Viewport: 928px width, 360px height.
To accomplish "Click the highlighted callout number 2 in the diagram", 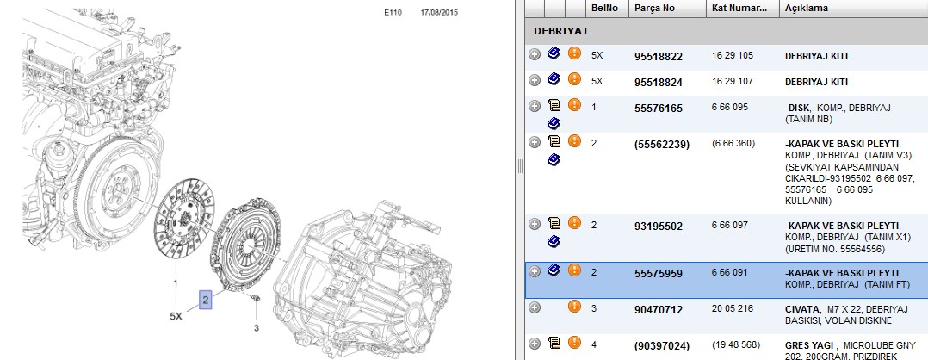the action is pyautogui.click(x=206, y=301).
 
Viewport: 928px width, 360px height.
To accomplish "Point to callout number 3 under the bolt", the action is pyautogui.click(x=257, y=327).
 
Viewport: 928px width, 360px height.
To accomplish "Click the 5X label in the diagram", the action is pyautogui.click(x=176, y=316).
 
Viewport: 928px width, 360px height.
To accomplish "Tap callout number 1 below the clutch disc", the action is pyautogui.click(x=176, y=283).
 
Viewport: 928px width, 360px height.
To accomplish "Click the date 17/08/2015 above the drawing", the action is pyautogui.click(x=438, y=12).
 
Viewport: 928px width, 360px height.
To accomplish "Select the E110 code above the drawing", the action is pyautogui.click(x=393, y=12).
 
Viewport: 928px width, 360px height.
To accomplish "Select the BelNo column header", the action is pyautogui.click(x=605, y=9).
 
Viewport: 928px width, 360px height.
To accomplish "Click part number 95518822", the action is pyautogui.click(x=658, y=57).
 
